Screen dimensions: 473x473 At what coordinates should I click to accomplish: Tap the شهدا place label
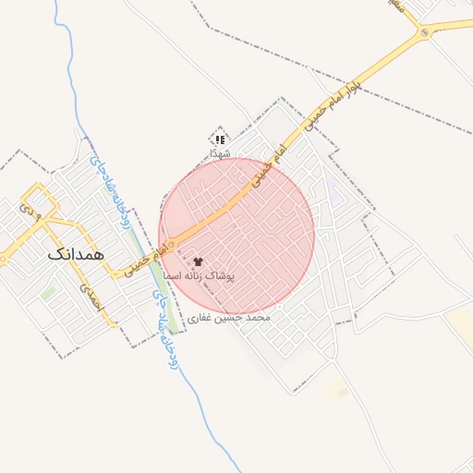220,152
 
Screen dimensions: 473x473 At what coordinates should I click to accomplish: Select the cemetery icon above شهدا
220,139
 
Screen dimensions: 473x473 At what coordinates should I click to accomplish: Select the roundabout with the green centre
425,34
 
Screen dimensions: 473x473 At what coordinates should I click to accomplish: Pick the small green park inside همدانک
48,294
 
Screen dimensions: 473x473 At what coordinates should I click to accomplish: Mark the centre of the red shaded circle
237,236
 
